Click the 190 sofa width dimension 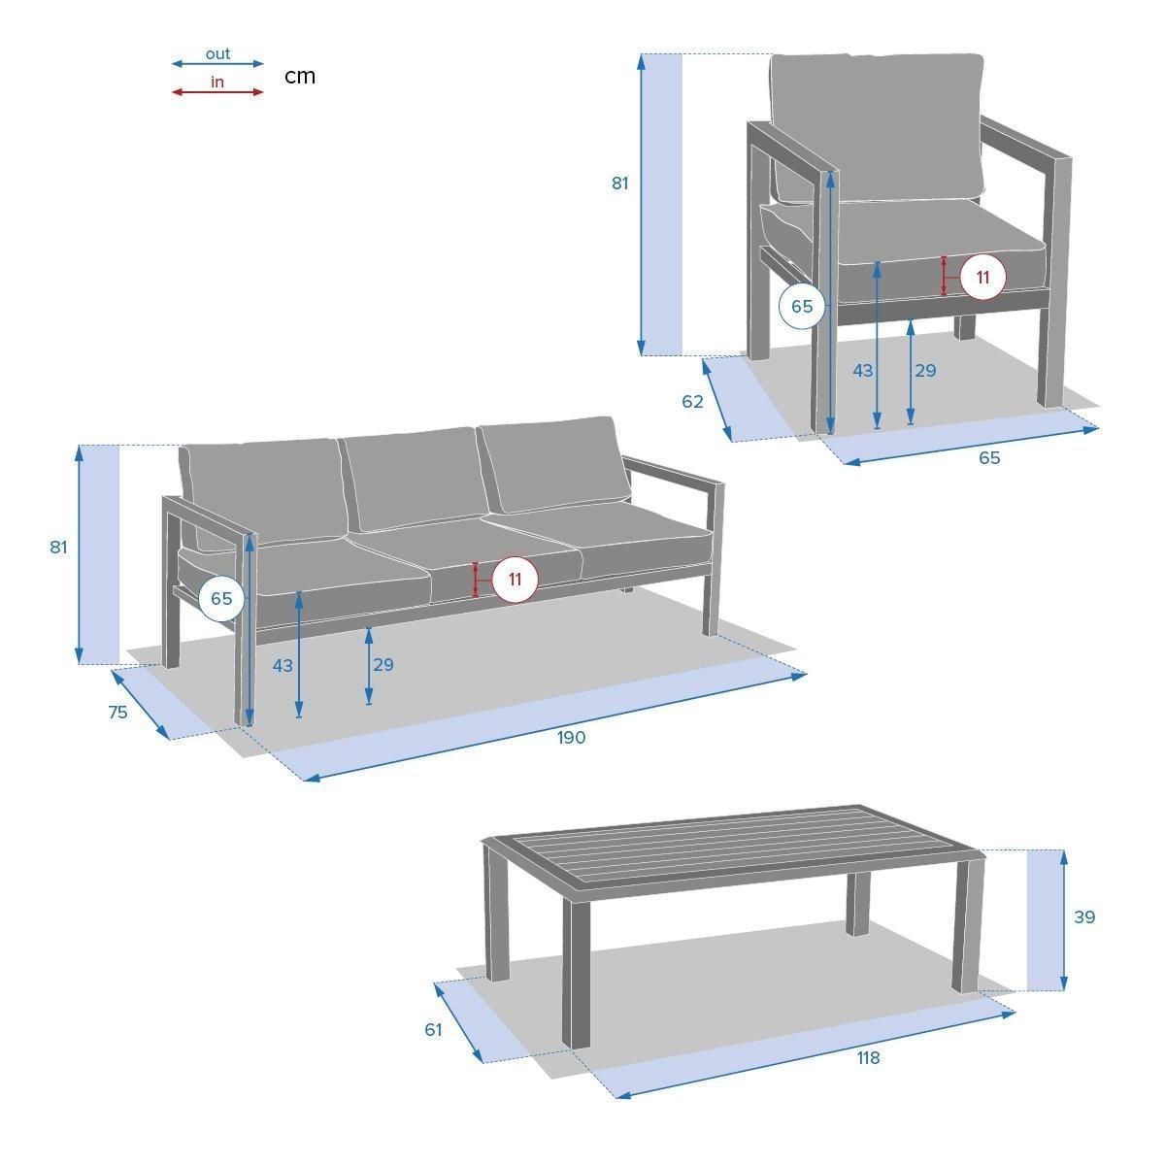point(571,737)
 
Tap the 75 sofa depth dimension point(117,713)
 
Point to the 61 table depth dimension point(433,1030)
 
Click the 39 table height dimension point(1084,917)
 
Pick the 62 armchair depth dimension point(692,401)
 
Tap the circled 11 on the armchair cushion point(983,277)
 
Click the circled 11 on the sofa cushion point(515,580)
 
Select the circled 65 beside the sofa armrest point(221,598)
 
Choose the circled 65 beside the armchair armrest point(802,306)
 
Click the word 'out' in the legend point(217,54)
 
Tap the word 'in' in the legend point(217,83)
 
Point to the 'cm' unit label point(300,76)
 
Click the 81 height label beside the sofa point(58,548)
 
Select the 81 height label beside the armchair point(619,183)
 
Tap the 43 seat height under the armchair point(863,371)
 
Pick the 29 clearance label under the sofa point(383,664)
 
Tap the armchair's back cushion point(877,128)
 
